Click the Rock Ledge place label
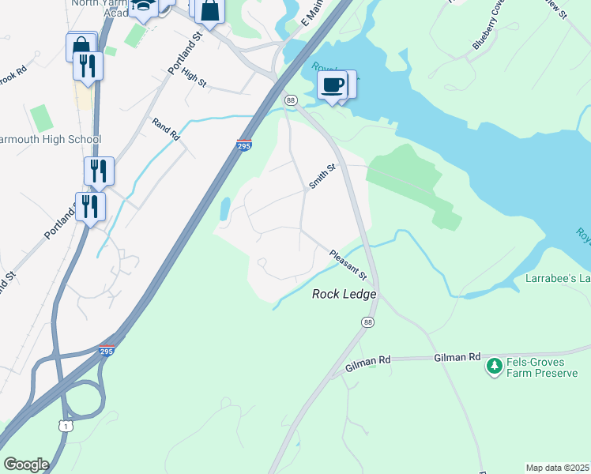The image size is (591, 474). click(344, 294)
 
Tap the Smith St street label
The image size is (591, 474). click(322, 175)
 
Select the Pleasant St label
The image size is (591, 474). click(348, 265)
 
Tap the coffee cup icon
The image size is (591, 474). click(333, 85)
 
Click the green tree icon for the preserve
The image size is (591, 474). click(495, 366)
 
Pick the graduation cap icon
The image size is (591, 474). click(144, 7)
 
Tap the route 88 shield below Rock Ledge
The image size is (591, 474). click(368, 322)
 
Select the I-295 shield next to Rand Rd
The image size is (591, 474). click(244, 145)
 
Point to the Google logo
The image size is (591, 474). click(26, 465)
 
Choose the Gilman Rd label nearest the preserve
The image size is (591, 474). click(457, 358)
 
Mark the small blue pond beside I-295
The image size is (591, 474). click(224, 209)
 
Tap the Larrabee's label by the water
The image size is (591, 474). click(558, 279)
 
